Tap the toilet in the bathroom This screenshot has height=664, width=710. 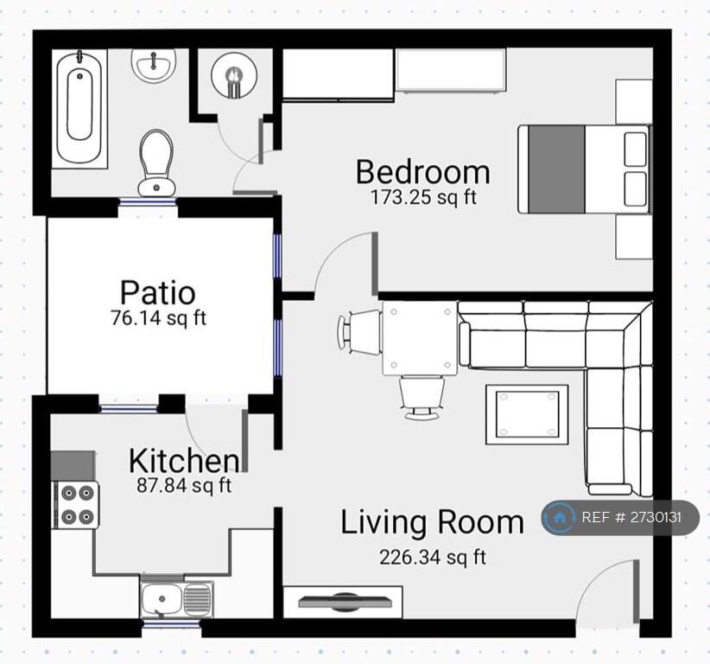coord(156,163)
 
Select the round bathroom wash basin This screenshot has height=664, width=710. coord(154,65)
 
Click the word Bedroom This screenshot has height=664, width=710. coord(423,172)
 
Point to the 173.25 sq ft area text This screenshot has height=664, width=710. coord(423,198)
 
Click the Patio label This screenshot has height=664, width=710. coord(157,292)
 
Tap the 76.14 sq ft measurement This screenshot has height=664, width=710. coord(158,317)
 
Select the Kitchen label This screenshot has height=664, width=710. coord(183,461)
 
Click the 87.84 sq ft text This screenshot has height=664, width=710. coord(184,485)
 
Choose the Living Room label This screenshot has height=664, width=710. coord(432,522)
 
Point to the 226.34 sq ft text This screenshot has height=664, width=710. coord(433,557)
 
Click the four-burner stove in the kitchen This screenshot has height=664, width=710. coord(76,504)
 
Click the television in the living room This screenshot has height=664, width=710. coord(345,602)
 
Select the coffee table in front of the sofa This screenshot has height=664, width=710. coord(527,414)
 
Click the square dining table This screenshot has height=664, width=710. coord(420,338)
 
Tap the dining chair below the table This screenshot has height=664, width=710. coord(422,398)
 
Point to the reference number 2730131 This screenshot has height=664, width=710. coord(656,517)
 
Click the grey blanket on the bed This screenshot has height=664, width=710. coord(556,169)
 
